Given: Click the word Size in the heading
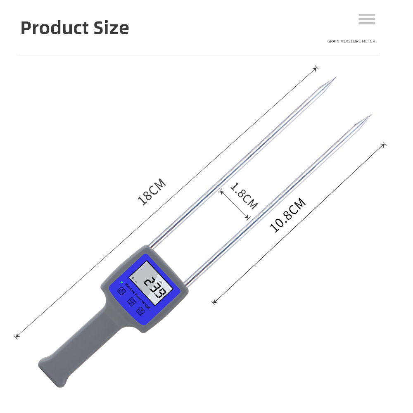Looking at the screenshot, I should click(111, 28).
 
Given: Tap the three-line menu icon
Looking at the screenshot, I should click(367, 19).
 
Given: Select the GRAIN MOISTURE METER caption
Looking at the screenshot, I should click(351, 41).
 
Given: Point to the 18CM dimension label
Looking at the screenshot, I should click(152, 192).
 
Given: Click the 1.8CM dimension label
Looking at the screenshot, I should click(244, 196).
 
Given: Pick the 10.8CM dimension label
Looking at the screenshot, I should click(288, 215).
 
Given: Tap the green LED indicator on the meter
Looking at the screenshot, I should click(121, 283).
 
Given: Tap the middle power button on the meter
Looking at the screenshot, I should click(132, 301).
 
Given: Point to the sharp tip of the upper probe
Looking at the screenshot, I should click(335, 77).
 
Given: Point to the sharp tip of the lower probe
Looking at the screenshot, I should click(370, 115).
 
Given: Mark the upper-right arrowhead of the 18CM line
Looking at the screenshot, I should click(316, 68).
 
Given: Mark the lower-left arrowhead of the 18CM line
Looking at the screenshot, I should click(17, 337).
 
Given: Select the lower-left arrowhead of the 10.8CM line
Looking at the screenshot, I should click(214, 302).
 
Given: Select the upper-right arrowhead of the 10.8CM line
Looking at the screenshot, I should click(384, 145).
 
